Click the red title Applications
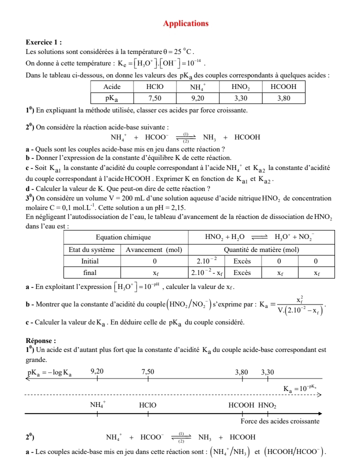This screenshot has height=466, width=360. click(x=185, y=23)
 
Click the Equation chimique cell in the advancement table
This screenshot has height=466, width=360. click(x=126, y=237)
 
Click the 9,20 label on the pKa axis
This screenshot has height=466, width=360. click(x=97, y=371)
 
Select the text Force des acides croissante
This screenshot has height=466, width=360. click(x=283, y=421)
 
